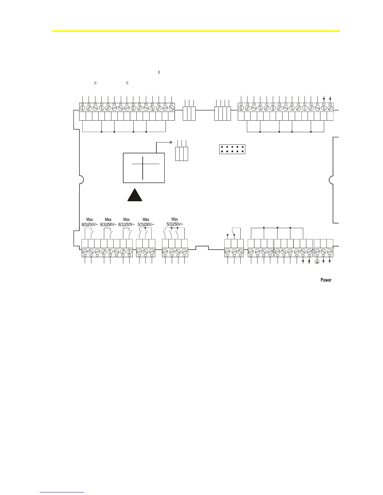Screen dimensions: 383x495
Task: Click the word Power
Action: [x=326, y=280]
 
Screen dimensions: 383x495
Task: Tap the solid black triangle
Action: [x=135, y=196]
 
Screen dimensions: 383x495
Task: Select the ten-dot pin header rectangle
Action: [x=232, y=149]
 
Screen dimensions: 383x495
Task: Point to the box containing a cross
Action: [x=144, y=168]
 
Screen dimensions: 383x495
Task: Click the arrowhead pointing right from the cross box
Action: [x=171, y=142]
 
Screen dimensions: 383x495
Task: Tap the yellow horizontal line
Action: [x=196, y=31]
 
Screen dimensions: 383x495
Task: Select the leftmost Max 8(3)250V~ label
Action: [x=89, y=222]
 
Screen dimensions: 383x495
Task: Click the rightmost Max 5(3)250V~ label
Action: [x=175, y=222]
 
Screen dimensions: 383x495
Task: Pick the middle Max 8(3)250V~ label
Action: [x=108, y=222]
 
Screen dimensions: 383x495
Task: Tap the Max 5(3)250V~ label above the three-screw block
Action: [x=146, y=222]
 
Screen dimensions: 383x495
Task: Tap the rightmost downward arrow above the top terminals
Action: [x=330, y=99]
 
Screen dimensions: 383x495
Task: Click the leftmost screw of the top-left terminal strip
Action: [x=83, y=108]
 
